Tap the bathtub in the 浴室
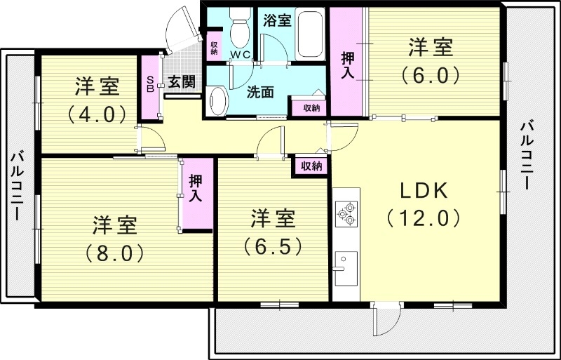click(x=310, y=34)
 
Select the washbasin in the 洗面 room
click(x=217, y=101)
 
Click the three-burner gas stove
click(x=346, y=213)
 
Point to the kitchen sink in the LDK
click(x=346, y=268)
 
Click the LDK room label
click(x=424, y=191)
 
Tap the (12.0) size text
click(x=424, y=218)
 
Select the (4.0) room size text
click(x=97, y=114)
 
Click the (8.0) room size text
click(x=114, y=253)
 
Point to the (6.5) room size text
click(x=273, y=246)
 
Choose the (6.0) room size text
click(x=431, y=74)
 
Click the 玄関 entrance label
click(x=182, y=82)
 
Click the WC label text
click(x=240, y=55)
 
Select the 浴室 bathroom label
click(x=277, y=21)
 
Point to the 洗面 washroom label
click(x=260, y=93)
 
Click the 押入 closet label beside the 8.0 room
click(x=196, y=188)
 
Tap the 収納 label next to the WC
click(x=215, y=48)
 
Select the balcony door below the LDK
click(x=386, y=318)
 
